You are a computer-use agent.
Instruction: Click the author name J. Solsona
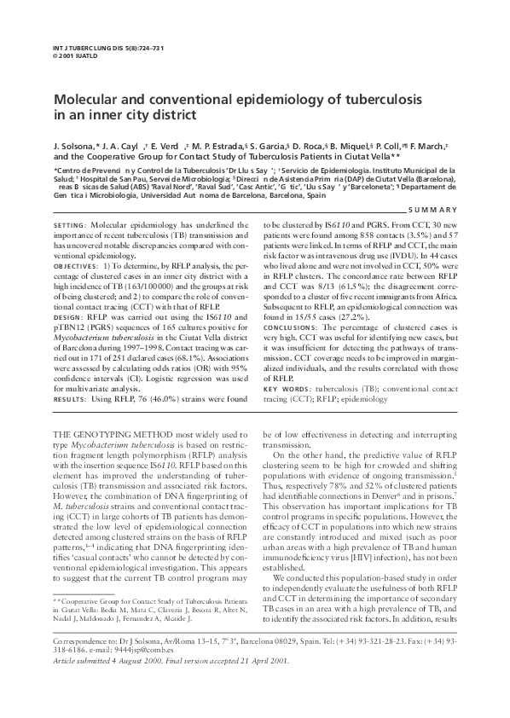[73, 146]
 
